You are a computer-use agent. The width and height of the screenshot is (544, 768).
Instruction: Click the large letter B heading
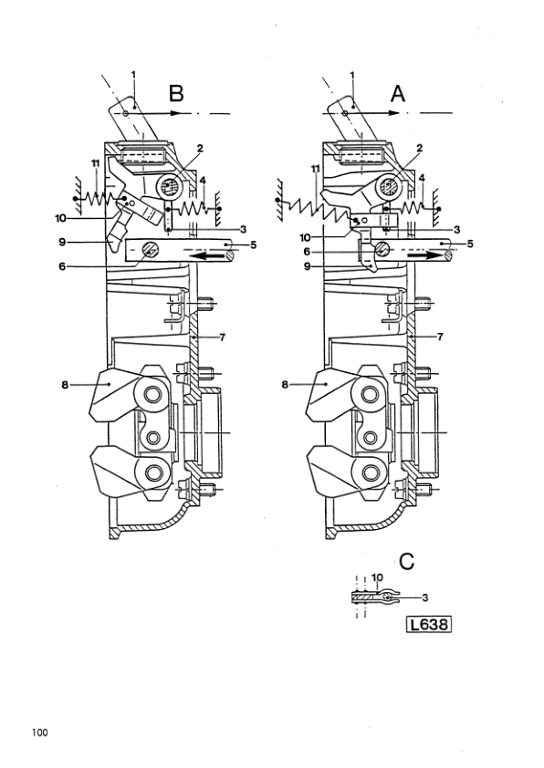coord(176,93)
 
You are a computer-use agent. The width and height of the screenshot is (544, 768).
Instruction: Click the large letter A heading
coord(398,93)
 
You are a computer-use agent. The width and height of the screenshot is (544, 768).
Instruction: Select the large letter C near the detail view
coord(407,561)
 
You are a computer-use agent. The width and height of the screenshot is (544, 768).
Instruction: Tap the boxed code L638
coord(429,625)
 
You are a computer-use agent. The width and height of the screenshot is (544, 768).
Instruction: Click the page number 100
coord(40,732)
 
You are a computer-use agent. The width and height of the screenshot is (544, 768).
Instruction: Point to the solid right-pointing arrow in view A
coord(423,255)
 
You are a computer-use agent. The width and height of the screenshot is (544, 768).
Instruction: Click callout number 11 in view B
coord(95,163)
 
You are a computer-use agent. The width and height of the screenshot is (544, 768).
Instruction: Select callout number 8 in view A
coord(285,385)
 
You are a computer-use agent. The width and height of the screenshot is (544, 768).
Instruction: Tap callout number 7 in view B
coord(222,337)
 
